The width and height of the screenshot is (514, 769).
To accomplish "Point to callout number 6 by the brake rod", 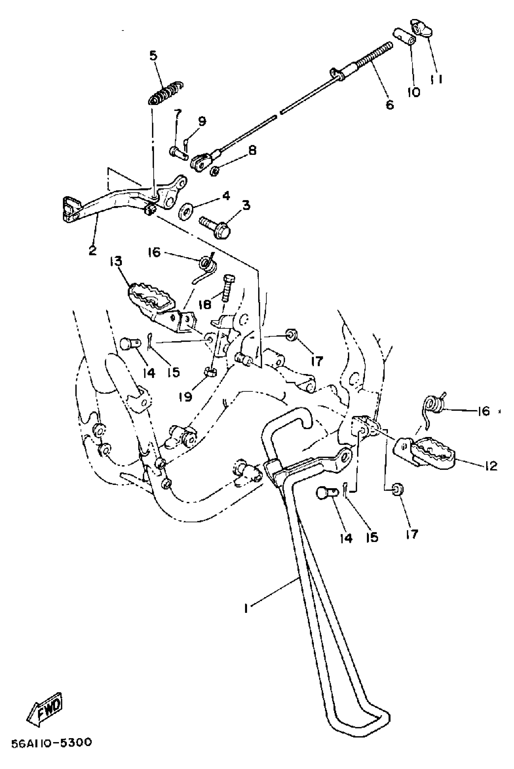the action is click(x=389, y=105).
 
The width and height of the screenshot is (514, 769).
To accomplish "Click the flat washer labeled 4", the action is click(x=186, y=212).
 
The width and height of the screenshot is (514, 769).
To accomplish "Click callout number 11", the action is click(x=436, y=79).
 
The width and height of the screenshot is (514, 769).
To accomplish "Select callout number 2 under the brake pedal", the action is click(x=93, y=251).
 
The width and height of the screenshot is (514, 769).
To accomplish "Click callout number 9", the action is click(x=202, y=121).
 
